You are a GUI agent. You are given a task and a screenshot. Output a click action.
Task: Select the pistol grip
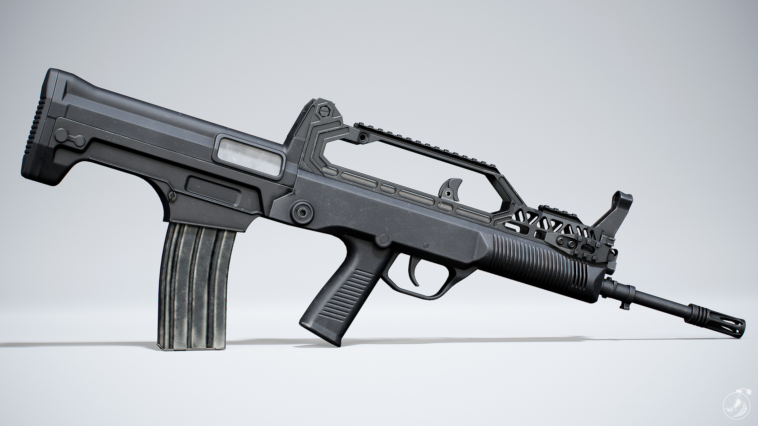[x=338, y=300]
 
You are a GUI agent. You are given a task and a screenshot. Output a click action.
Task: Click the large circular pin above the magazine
[x=302, y=211]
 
